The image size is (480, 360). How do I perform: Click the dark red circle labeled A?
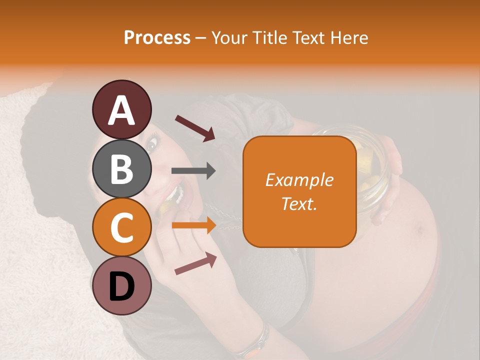tap(121, 109)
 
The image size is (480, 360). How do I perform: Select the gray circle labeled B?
tap(121, 168)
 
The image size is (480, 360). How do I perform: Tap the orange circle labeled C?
tap(121, 227)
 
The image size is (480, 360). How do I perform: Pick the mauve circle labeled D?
tap(121, 285)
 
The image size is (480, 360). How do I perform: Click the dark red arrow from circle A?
tap(195, 127)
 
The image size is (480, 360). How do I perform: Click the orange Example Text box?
tap(299, 191)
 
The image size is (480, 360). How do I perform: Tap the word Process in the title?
tap(157, 37)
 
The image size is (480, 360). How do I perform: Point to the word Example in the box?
tap(299, 180)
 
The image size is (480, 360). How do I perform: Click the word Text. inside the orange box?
tap(299, 203)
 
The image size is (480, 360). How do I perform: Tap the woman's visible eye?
tap(151, 145)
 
